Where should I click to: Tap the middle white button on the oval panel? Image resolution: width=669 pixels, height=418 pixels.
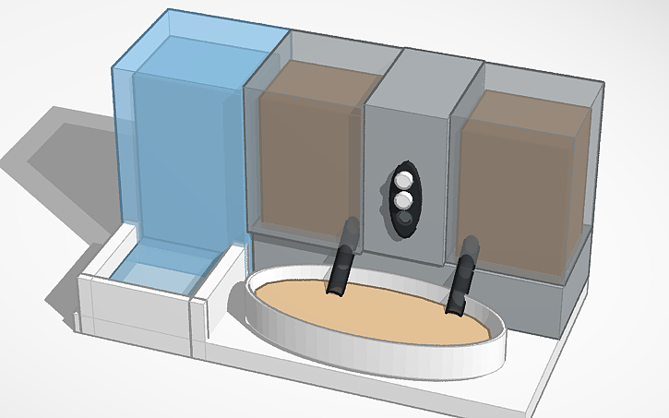tap(403, 199)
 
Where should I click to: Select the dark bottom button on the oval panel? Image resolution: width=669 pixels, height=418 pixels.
tap(404, 219)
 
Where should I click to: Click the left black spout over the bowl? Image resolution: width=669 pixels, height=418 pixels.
tap(341, 260)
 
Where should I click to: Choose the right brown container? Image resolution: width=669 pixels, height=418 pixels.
tap(521, 185)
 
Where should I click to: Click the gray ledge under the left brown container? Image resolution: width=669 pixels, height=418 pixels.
tap(305, 249)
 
